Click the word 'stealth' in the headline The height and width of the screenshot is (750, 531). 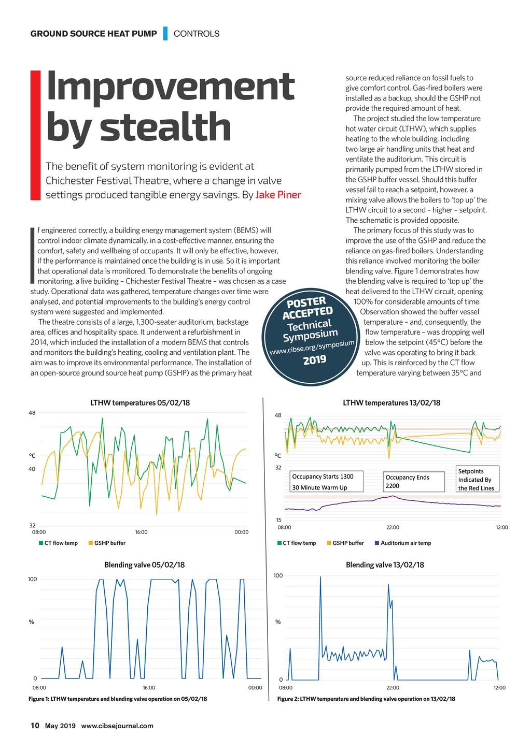click(x=165, y=127)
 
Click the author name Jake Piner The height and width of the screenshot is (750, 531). click(x=278, y=195)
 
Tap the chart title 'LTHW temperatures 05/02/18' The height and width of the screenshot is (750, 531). click(x=140, y=402)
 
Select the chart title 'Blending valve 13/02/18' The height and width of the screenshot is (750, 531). click(x=385, y=565)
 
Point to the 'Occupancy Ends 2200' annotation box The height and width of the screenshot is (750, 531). click(x=414, y=481)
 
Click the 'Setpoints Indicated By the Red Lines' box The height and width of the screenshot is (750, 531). click(x=476, y=479)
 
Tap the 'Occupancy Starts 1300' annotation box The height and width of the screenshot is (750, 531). click(x=327, y=482)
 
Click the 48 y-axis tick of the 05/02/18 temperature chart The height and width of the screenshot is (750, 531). click(x=32, y=413)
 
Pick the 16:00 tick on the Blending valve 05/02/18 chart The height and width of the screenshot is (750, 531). click(x=149, y=687)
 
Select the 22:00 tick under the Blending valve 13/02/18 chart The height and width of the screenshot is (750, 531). click(x=393, y=687)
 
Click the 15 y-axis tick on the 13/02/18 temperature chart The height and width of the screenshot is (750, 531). click(x=278, y=520)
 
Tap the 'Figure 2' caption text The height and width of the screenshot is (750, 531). click(x=366, y=699)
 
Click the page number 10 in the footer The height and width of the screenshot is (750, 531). click(x=35, y=725)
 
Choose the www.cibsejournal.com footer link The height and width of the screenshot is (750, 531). click(x=117, y=726)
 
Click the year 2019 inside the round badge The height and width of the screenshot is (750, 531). click(x=314, y=359)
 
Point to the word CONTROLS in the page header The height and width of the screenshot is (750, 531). click(x=197, y=34)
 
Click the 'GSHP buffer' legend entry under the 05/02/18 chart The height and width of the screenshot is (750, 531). click(x=109, y=543)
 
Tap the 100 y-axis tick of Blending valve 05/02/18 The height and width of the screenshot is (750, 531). click(x=32, y=579)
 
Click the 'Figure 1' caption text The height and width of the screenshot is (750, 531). click(x=118, y=699)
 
